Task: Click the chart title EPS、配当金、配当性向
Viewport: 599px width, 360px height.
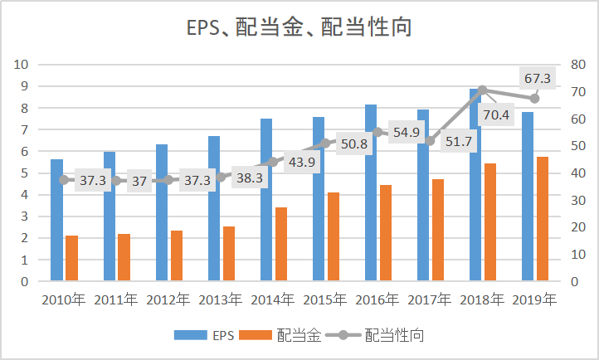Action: click(299, 27)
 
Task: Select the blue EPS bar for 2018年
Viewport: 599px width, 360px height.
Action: click(475, 185)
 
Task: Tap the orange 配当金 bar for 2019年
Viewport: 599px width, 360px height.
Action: click(543, 219)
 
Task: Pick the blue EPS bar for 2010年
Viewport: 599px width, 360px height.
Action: click(57, 220)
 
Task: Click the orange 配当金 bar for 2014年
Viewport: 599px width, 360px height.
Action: click(281, 244)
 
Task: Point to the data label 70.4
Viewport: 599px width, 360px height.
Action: click(496, 114)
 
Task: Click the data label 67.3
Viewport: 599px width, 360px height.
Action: click(537, 78)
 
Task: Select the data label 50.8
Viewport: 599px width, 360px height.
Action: click(354, 144)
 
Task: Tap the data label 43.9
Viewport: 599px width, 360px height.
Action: click(302, 163)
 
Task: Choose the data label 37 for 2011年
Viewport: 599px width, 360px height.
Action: click(139, 181)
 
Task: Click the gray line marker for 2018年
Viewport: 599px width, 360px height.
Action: click(482, 90)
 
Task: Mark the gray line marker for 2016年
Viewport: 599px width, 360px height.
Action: click(377, 133)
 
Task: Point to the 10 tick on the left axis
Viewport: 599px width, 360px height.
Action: click(22, 64)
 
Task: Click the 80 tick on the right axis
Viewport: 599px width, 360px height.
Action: click(578, 64)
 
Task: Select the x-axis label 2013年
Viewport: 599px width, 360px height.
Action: click(221, 300)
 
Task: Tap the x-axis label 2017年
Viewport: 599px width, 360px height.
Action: click(430, 300)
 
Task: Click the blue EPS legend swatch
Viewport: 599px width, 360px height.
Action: click(191, 335)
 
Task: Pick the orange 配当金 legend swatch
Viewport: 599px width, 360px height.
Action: click(256, 335)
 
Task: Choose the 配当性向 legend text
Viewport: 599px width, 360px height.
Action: click(394, 335)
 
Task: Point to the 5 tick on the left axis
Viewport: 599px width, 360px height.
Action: click(25, 173)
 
